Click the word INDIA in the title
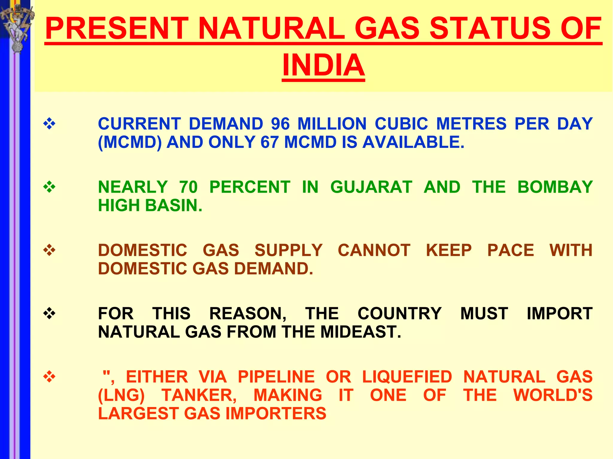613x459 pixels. pos(323,65)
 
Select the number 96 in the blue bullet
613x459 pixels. pos(280,124)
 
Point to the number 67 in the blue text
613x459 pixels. pos(270,142)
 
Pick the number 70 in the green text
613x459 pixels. pos(189,187)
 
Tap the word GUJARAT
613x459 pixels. pos(371,187)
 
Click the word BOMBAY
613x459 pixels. pos(555,187)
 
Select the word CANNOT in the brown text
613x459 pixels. pos(374,250)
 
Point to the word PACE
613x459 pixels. pos(510,250)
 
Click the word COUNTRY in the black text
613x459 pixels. pos(400,313)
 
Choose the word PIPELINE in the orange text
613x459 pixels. pos(276,377)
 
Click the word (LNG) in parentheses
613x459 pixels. pos(122,395)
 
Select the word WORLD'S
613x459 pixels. pos(553,395)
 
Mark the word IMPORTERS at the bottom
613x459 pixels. pos(276,414)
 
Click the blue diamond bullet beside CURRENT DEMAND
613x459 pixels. pos(49,124)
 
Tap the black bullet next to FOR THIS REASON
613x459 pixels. pos(49,313)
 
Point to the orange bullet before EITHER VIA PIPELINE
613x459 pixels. pos(49,377)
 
